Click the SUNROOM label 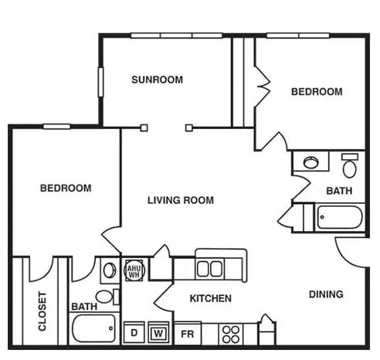[x=157, y=80]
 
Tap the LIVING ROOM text [x=181, y=200]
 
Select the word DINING [x=326, y=294]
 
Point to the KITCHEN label [x=211, y=298]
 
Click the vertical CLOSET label [x=42, y=311]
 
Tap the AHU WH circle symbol [x=134, y=270]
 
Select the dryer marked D [x=134, y=332]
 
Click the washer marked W [x=158, y=333]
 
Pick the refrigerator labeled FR [x=188, y=333]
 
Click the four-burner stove [x=231, y=335]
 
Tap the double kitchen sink [x=210, y=268]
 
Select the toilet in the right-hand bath [x=350, y=165]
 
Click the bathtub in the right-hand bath [x=340, y=217]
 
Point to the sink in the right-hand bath [x=311, y=162]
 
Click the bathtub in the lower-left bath [x=93, y=328]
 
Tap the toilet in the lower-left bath [x=107, y=297]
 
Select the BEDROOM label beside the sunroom [x=317, y=92]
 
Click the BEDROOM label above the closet [x=66, y=188]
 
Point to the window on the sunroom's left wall [x=100, y=82]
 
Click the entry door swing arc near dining [x=344, y=257]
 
